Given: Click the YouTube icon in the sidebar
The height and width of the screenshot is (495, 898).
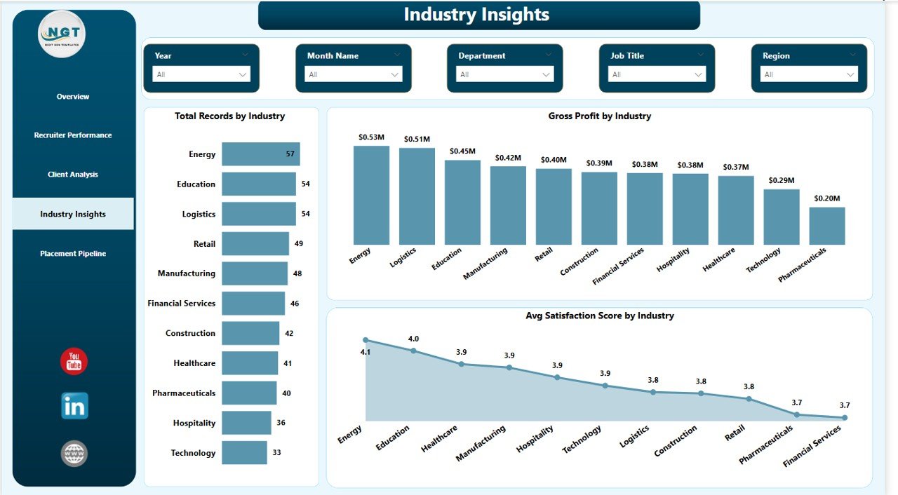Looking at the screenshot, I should [74, 361].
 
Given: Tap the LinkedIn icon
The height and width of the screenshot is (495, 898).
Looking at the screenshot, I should [74, 406].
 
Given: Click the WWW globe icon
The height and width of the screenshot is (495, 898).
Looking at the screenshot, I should [74, 453].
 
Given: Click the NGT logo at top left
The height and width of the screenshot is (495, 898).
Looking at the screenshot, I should [62, 34].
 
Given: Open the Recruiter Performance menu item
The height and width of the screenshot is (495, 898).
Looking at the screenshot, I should [73, 135].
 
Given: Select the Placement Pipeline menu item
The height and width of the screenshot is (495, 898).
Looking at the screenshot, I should [73, 254].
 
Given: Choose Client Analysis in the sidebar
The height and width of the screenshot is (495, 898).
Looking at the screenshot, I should [73, 175].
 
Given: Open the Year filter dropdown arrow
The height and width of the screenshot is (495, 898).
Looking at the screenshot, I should [243, 74].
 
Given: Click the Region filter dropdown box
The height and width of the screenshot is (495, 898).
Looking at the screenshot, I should [810, 74].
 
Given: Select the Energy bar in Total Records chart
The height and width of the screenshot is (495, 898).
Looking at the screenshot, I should [260, 154].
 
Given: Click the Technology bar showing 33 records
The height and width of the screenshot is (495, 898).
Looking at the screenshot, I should [244, 452].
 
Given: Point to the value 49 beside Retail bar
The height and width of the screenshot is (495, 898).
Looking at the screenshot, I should [298, 244].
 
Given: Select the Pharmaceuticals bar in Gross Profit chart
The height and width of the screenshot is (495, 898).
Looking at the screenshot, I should [826, 226].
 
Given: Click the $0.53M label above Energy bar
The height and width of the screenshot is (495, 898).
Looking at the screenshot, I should [371, 137].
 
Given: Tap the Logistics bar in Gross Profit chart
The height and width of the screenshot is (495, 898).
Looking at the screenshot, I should [417, 196].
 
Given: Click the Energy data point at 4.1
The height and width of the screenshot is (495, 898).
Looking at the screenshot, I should [366, 340].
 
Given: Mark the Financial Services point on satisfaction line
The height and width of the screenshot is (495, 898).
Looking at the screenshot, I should [844, 417].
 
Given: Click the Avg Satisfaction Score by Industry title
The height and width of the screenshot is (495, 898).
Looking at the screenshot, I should [599, 316].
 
